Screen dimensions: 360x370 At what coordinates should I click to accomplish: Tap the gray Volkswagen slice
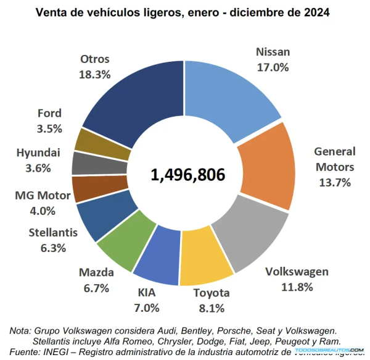(x=250, y=238)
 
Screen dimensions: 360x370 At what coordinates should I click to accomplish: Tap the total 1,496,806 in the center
(x=187, y=175)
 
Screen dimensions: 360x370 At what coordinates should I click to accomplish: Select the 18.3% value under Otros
(x=94, y=74)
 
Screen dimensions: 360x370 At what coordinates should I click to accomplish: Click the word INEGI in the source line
(x=66, y=351)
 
